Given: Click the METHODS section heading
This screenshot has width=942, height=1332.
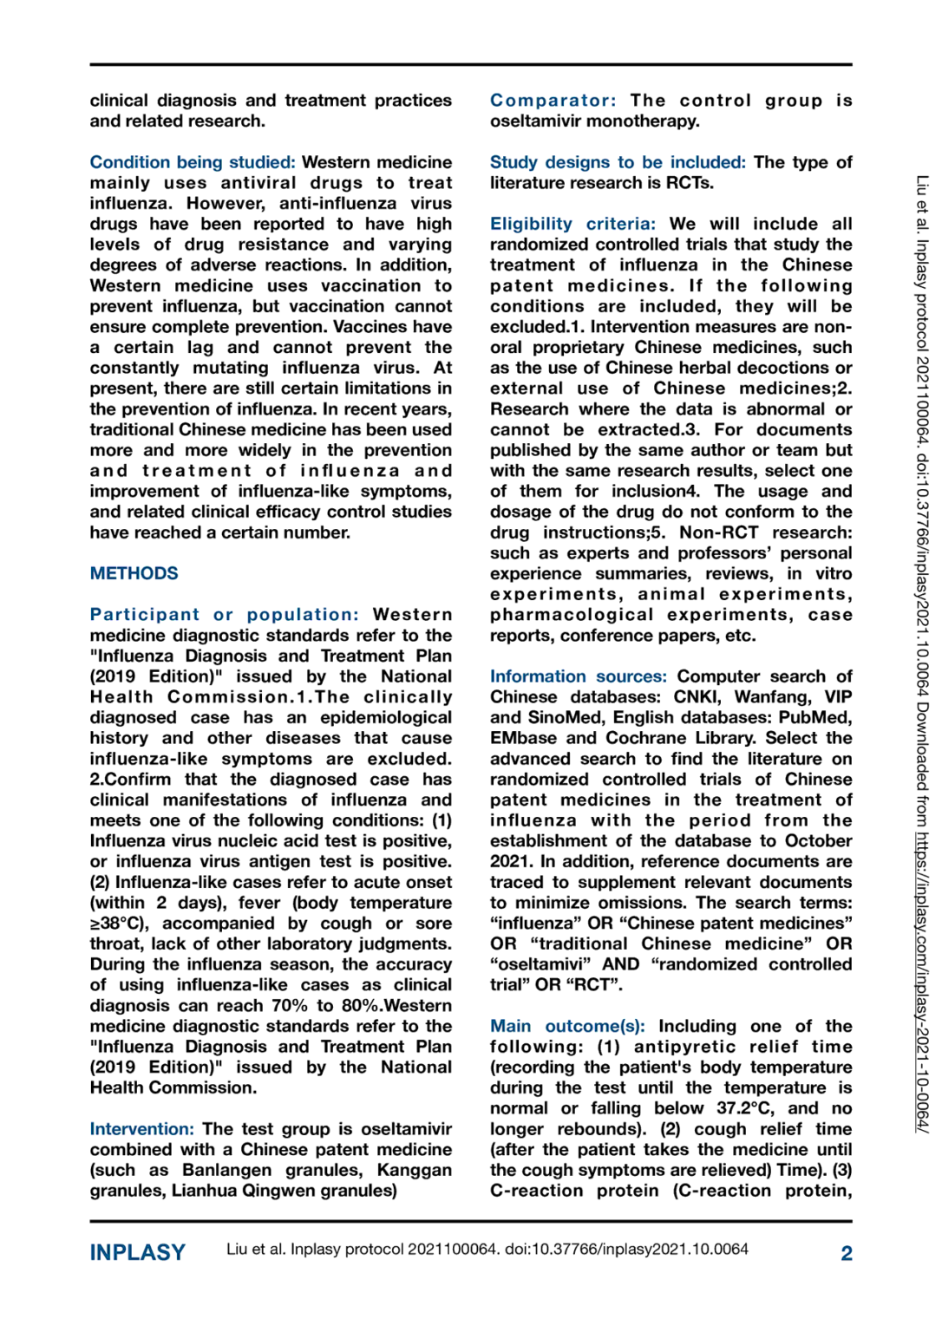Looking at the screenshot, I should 134,573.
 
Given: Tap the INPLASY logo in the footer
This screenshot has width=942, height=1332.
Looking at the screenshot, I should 138,1253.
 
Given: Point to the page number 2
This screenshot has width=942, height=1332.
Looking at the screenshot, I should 846,1253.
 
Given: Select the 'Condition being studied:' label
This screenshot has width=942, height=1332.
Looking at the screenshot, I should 193,162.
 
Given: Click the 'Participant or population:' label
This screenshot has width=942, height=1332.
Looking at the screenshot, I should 224,615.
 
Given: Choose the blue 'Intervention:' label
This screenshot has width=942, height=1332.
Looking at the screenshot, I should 141,1129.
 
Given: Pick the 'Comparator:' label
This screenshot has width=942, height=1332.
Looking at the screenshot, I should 553,101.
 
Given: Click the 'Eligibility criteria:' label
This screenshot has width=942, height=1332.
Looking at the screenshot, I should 572,224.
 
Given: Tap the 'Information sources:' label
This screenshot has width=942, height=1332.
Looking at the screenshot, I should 578,676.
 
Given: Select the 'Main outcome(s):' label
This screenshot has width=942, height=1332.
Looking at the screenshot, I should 567,1026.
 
